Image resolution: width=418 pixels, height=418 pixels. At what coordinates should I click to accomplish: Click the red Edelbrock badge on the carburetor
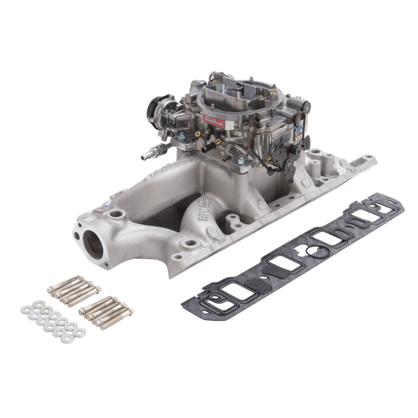pos(214,122)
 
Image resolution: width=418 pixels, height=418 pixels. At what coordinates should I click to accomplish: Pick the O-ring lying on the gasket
pos(312,251)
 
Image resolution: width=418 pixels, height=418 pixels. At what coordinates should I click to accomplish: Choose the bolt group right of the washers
pos(106,312)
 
